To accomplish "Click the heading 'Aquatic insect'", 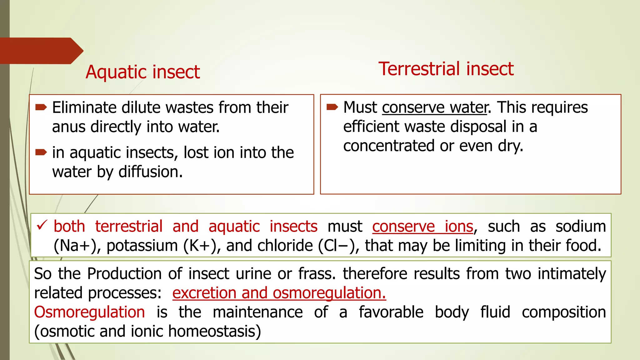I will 143,72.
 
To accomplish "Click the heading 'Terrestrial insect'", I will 446,69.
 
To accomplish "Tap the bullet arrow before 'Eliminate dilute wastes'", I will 41,108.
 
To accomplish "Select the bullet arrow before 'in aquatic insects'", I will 41,152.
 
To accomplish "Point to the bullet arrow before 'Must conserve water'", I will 332,107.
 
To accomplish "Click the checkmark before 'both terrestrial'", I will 42,225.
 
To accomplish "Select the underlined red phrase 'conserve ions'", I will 422,227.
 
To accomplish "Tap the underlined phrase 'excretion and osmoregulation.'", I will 279,293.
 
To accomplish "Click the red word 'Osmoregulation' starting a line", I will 89,312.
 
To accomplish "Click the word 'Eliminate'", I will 84,108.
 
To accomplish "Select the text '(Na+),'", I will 77,246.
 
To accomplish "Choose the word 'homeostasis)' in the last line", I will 214,332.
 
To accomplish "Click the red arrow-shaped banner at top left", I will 41,51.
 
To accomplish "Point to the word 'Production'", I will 124,274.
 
